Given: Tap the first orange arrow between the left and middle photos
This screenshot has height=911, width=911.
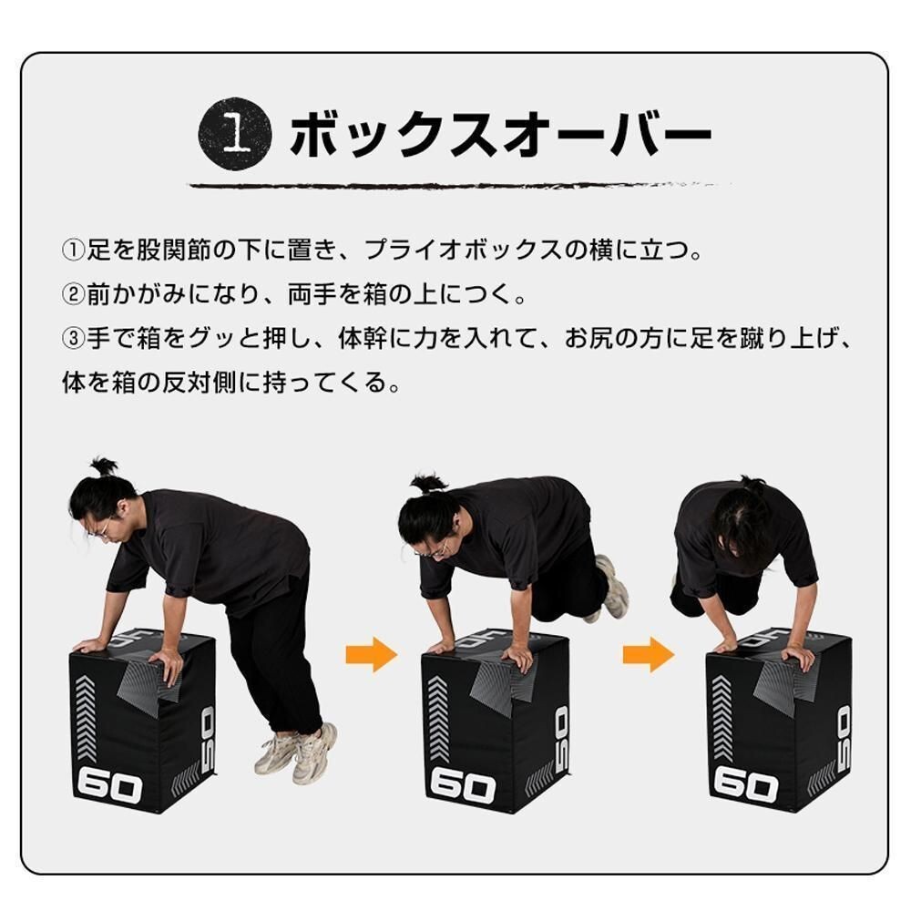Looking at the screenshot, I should [x=371, y=654].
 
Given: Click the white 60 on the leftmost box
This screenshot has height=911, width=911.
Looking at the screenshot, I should [x=109, y=785].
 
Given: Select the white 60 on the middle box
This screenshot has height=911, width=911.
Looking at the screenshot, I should [x=462, y=785].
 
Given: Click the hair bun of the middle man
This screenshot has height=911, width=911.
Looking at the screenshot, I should [x=425, y=482].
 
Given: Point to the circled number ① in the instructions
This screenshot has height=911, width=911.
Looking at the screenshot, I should [x=73, y=250].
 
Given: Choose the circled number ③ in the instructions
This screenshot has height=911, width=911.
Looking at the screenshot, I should [x=73, y=339].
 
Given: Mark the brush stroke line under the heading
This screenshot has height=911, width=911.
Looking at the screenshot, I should [x=455, y=185].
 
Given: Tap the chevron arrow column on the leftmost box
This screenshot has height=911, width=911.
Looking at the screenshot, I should [x=85, y=721].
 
